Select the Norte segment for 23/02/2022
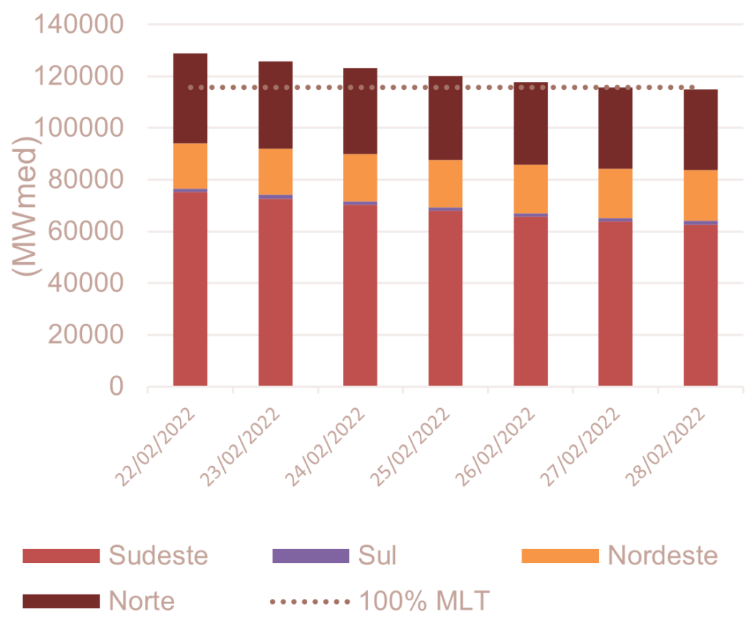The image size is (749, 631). coord(276,105)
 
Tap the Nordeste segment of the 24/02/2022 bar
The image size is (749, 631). coord(361,177)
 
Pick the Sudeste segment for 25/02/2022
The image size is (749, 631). coord(445,298)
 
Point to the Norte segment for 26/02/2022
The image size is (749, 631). coord(530,124)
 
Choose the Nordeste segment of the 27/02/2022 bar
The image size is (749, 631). coord(615,193)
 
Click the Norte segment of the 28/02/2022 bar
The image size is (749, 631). coord(700,129)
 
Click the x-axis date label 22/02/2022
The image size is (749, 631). coord(157,446)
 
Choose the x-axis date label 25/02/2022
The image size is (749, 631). coord(411,446)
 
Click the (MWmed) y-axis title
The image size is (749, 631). coord(28,205)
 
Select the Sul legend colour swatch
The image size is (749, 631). coord(310,556)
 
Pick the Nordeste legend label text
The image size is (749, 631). coord(663,556)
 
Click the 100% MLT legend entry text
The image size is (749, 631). coord(424,601)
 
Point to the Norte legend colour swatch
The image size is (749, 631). coord(60,601)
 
